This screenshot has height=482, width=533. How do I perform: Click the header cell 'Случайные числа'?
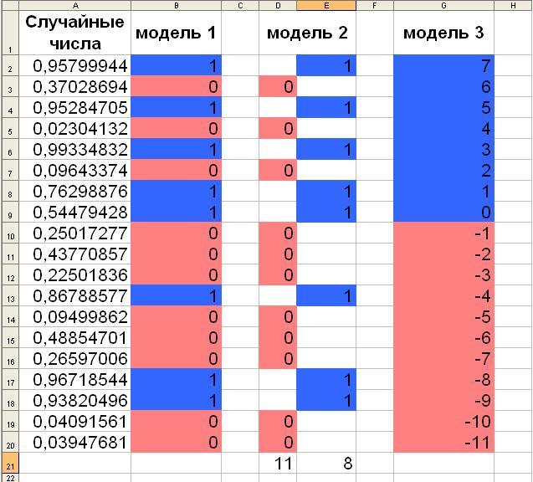(74, 33)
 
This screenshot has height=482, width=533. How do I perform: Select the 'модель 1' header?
(176, 33)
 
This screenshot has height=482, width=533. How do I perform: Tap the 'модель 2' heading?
(307, 33)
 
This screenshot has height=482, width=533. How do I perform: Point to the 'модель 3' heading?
(443, 33)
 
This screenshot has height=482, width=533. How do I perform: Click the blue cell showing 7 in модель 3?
(443, 65)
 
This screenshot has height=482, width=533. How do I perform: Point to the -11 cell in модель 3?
(443, 442)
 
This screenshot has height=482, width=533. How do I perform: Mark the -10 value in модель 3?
(443, 422)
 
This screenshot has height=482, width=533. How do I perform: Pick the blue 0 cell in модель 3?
(443, 212)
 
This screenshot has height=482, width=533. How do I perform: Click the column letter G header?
(443, 5)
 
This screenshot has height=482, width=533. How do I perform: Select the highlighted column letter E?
(326, 5)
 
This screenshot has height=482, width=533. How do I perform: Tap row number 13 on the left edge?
(11, 296)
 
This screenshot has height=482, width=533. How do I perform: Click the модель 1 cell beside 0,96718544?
(176, 379)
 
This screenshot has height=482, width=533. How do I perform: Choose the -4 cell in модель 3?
(443, 295)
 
